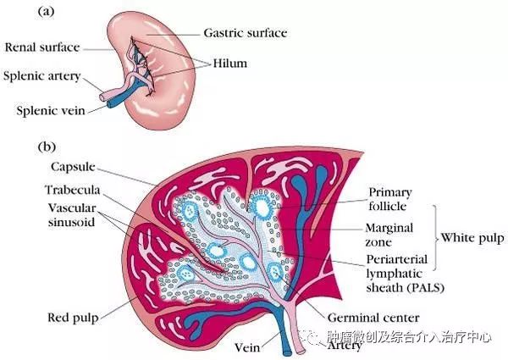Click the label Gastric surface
pyautogui.click(x=246, y=33)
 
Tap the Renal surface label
pyautogui.click(x=42, y=47)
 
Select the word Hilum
pyautogui.click(x=230, y=63)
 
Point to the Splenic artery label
pyautogui.click(x=41, y=76)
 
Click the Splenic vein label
pyautogui.click(x=51, y=110)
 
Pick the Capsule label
pyautogui.click(x=73, y=167)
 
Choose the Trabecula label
pyautogui.click(x=73, y=190)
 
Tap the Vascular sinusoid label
pyautogui.click(x=72, y=215)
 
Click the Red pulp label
pyautogui.click(x=73, y=318)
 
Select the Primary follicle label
pyautogui.click(x=390, y=199)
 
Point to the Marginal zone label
pyautogui.click(x=389, y=235)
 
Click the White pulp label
pyautogui.click(x=472, y=238)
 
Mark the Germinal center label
pyautogui.click(x=373, y=318)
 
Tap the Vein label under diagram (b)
pyautogui.click(x=247, y=347)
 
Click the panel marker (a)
pyautogui.click(x=46, y=12)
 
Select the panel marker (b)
pyautogui.click(x=47, y=147)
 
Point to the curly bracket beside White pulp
pyautogui.click(x=436, y=237)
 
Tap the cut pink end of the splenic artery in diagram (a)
pyautogui.click(x=102, y=97)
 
